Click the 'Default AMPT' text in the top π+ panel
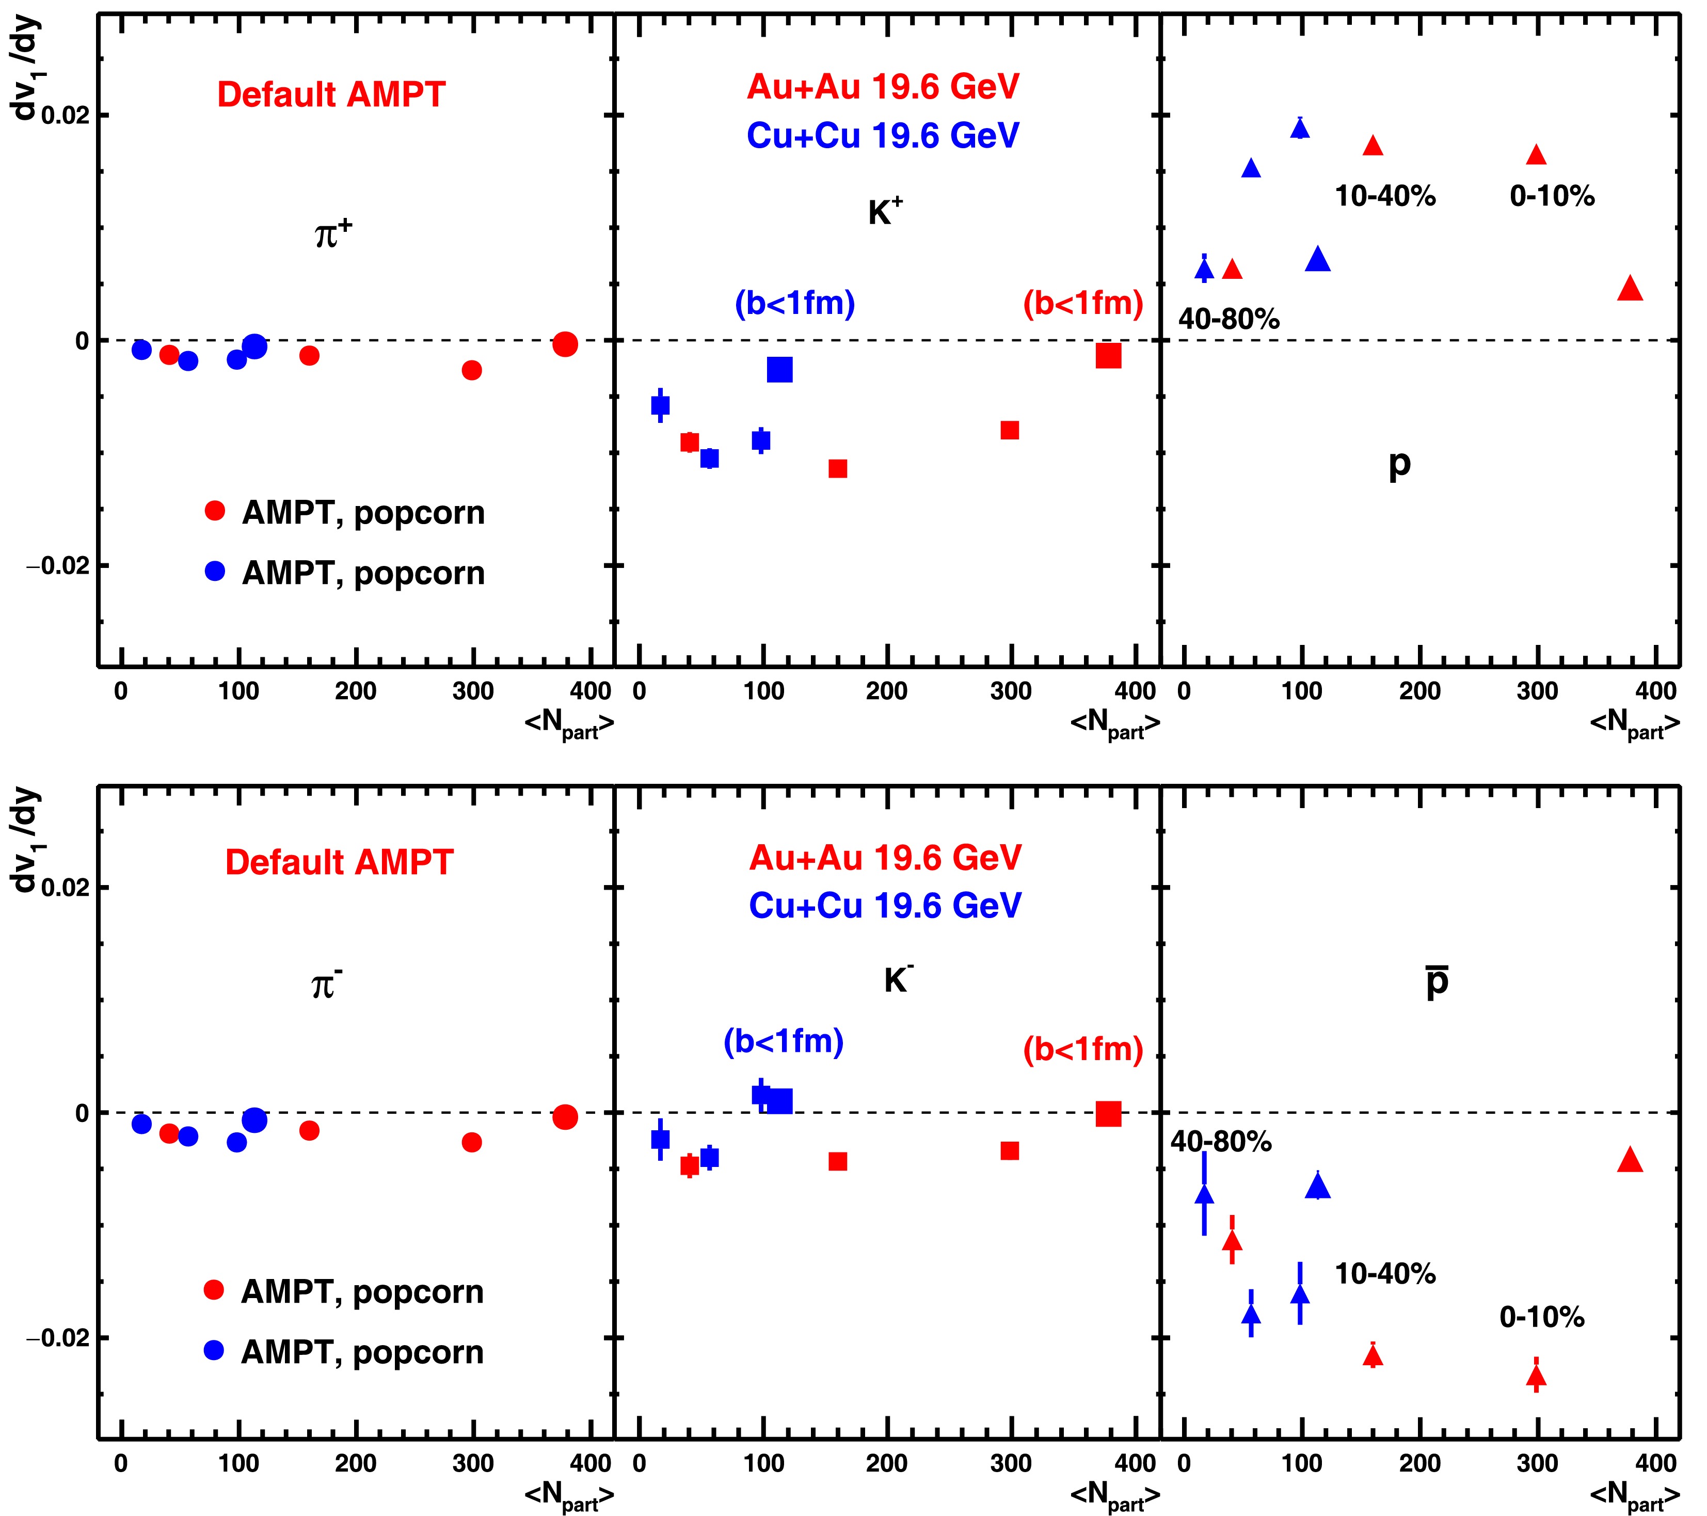(x=331, y=94)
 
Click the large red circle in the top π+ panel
(x=565, y=343)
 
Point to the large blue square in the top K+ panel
(x=779, y=369)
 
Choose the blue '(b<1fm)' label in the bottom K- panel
(x=784, y=1041)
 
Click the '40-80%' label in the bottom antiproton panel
(x=1221, y=1142)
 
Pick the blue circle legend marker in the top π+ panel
(x=215, y=571)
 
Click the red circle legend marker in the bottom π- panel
(x=214, y=1290)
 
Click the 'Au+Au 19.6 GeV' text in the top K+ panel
(x=883, y=87)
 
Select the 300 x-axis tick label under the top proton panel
(x=1538, y=691)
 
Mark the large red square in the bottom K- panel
(x=1108, y=1113)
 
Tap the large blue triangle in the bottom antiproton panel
(x=1318, y=1185)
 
